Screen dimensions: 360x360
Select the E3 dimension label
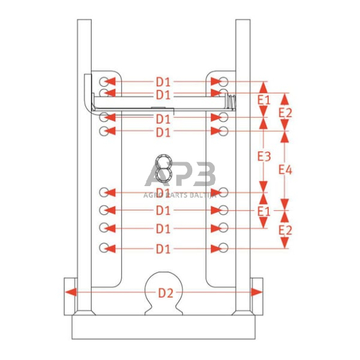263,156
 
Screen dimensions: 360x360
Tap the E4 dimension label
285,170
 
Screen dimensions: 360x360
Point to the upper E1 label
263,99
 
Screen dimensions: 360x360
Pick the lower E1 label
263,211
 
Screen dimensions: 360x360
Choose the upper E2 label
285,112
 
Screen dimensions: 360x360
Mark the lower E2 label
285,230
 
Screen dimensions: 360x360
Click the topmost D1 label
163,81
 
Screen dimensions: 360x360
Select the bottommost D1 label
163,249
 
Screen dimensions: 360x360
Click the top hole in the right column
223,81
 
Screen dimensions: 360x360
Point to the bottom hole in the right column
223,248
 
